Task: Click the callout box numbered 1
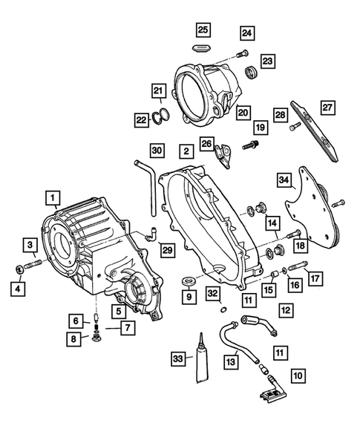tap(51, 198)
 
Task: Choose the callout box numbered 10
tap(298, 377)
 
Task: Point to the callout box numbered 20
tap(242, 113)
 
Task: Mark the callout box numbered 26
tap(206, 143)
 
